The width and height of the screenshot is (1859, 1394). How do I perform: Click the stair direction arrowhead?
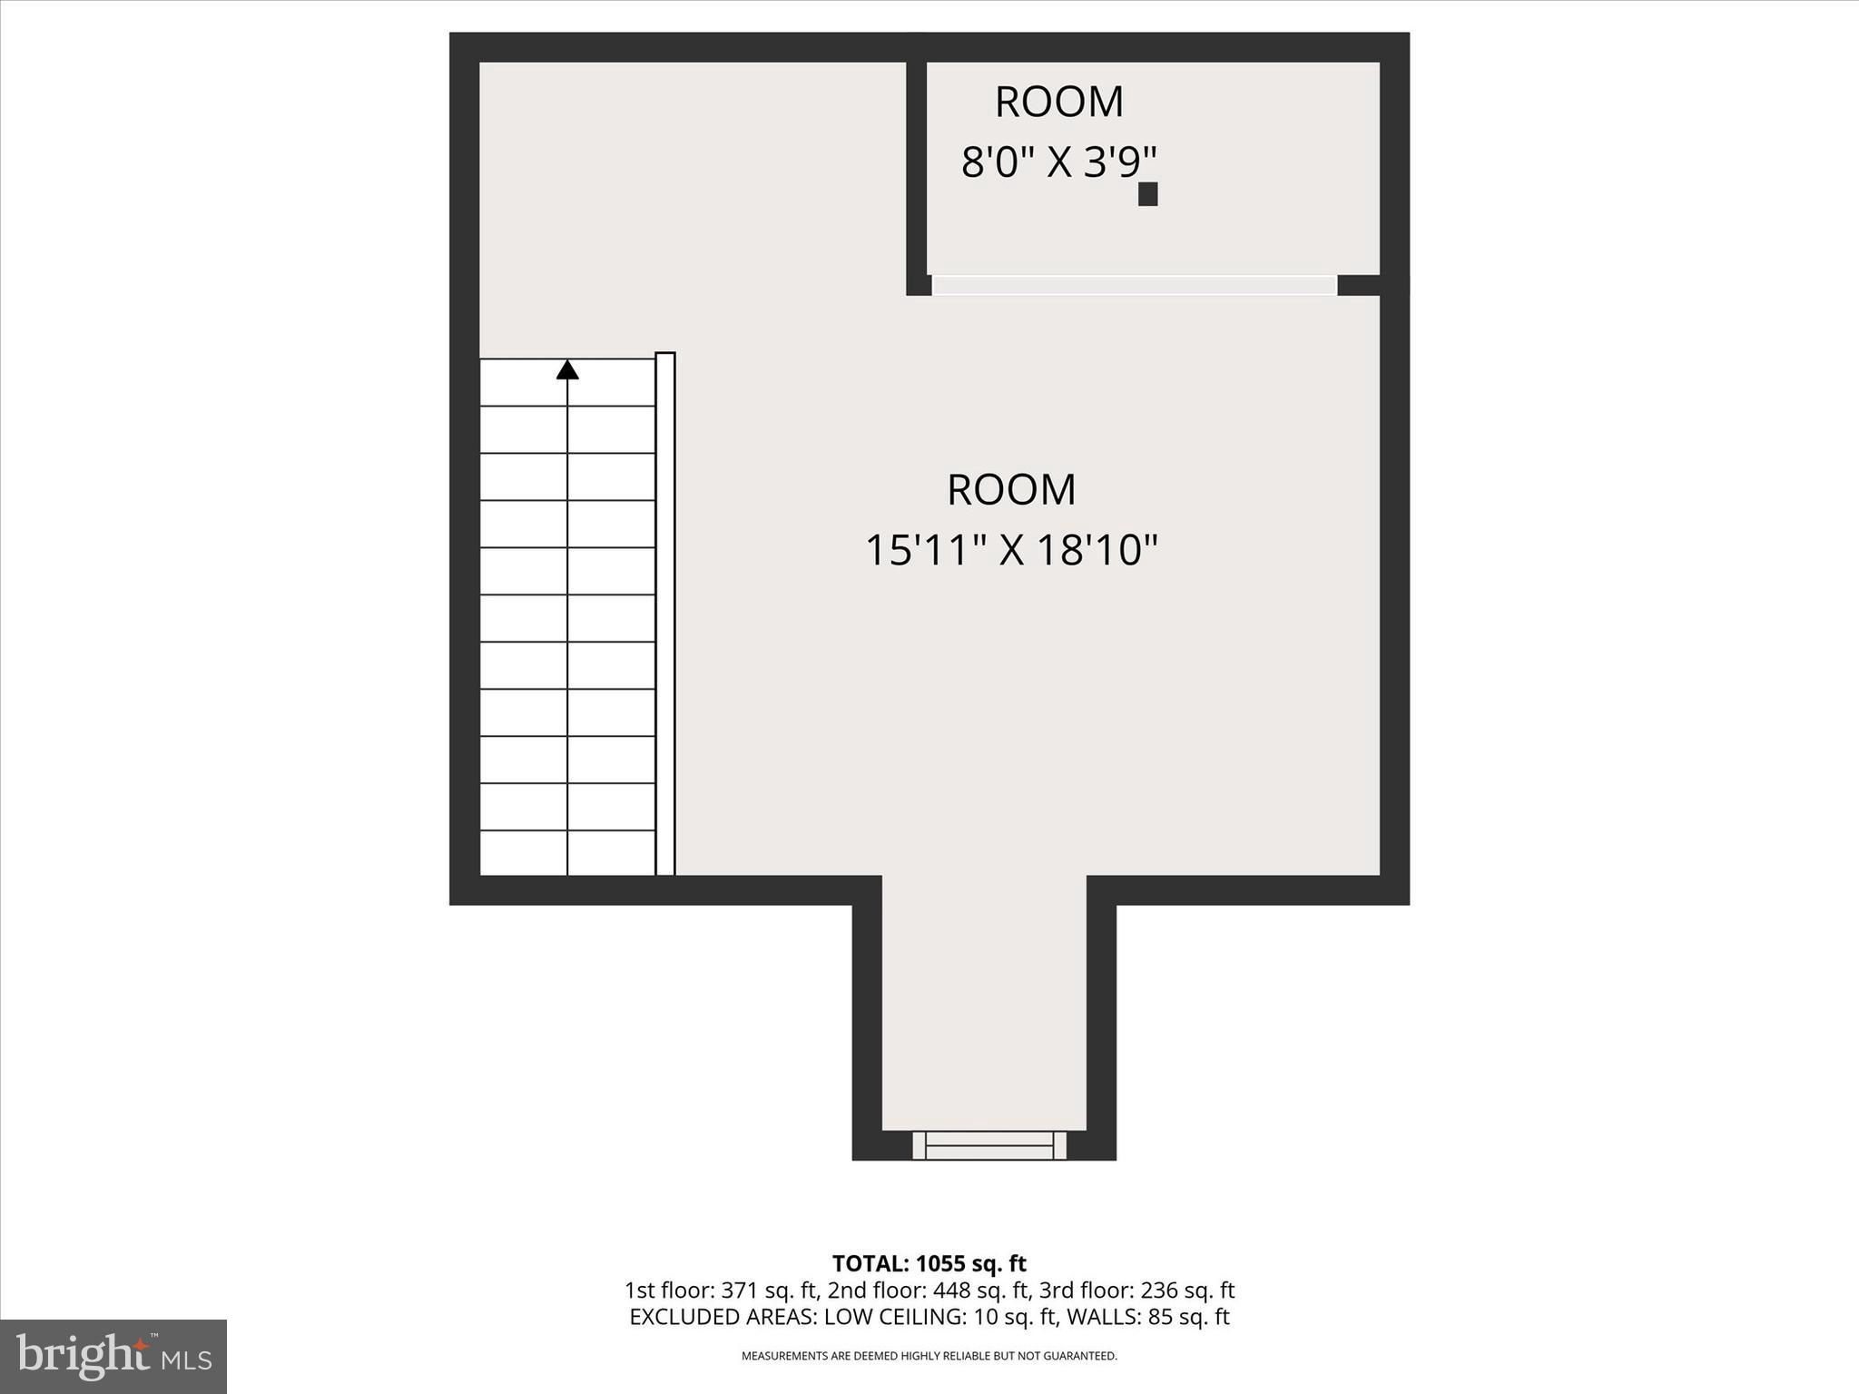coord(567,369)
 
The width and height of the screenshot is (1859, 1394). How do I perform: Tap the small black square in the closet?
coord(1147,194)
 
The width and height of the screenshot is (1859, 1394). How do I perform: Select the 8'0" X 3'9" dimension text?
coord(1058,163)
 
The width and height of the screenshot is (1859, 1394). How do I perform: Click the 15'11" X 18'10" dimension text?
coord(1011,550)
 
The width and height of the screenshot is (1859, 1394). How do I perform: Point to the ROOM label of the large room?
coord(1011,490)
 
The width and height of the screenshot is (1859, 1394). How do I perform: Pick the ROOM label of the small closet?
coord(1058,102)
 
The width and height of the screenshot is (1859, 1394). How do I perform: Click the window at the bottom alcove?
coord(989,1145)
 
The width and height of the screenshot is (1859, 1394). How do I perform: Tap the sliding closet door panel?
coord(1134,285)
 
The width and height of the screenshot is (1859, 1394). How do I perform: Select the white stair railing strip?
coord(665,614)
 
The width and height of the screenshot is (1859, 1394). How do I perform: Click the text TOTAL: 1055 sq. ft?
coord(929,1263)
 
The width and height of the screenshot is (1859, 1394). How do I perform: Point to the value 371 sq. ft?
coord(766,1291)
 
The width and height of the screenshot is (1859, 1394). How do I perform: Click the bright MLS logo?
coord(113,1356)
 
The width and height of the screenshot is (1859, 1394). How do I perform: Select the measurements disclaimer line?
coord(929,1356)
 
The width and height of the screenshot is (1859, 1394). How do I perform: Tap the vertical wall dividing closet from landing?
coord(916,172)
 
